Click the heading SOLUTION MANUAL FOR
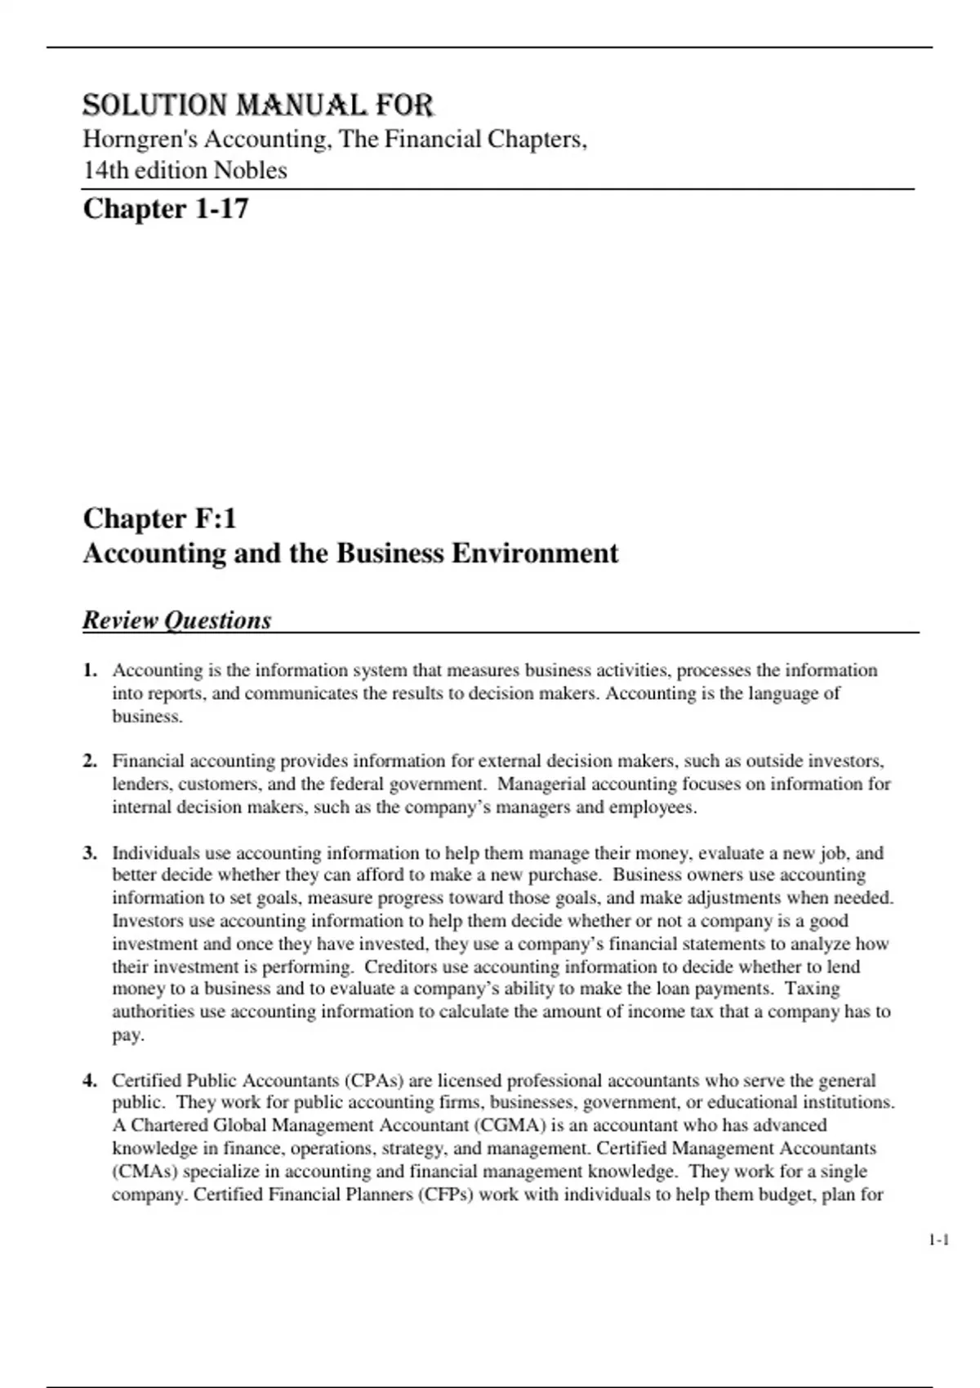click(x=258, y=105)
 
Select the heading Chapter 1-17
click(x=166, y=209)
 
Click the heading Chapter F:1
click(x=160, y=518)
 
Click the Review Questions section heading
click(x=176, y=621)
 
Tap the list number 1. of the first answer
click(x=90, y=670)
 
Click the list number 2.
click(x=90, y=761)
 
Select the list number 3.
click(x=90, y=853)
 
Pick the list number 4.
click(x=90, y=1080)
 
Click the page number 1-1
click(x=939, y=1240)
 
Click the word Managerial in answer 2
click(x=541, y=784)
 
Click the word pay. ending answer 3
click(x=127, y=1035)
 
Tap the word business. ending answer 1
click(x=147, y=717)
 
